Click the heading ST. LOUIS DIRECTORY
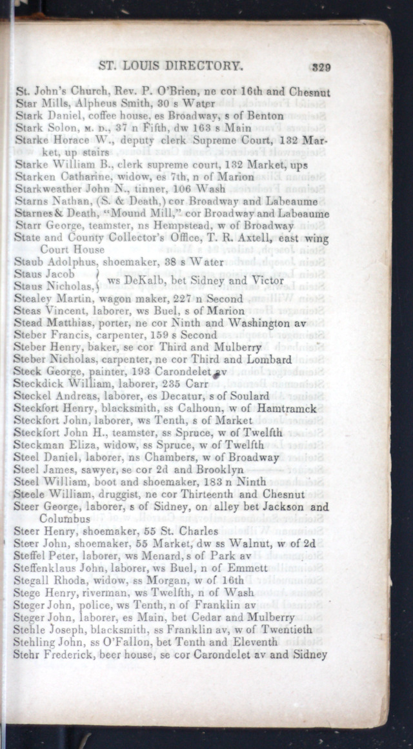point(170,66)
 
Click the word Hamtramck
point(287,409)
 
